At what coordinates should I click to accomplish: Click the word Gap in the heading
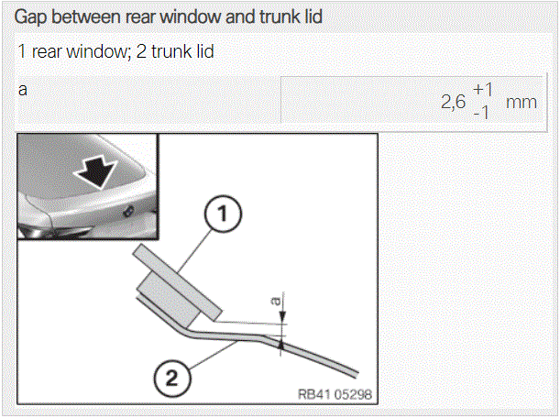[31, 17]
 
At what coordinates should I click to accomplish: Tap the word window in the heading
[190, 16]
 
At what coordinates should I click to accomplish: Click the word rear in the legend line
[46, 52]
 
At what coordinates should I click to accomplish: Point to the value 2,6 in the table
[453, 102]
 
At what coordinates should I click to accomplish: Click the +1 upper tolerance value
[483, 89]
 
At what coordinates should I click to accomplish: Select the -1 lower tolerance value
[481, 114]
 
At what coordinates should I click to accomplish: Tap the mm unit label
[522, 103]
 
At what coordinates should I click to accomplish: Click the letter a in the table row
[23, 90]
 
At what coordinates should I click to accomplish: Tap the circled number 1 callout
[223, 214]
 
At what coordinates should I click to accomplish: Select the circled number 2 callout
[172, 378]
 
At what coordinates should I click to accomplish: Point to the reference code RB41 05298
[335, 394]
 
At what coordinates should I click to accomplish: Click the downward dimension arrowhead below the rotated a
[282, 316]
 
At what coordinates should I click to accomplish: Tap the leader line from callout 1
[196, 250]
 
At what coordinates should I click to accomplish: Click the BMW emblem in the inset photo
[128, 211]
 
